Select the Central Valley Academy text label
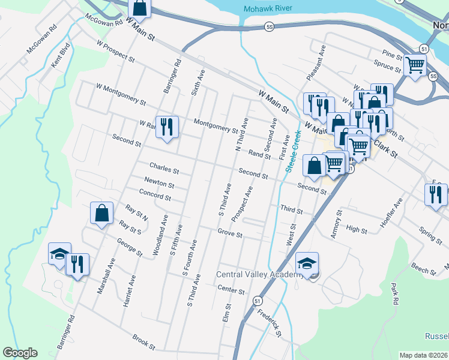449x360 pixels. pyautogui.click(x=260, y=275)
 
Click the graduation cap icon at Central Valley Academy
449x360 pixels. pyautogui.click(x=307, y=263)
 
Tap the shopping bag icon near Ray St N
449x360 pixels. pyautogui.click(x=101, y=212)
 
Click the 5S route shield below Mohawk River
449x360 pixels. pyautogui.click(x=269, y=27)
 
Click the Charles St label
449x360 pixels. pyautogui.click(x=164, y=166)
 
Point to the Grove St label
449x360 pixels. pyautogui.click(x=229, y=233)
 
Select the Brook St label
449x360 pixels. pyautogui.click(x=144, y=343)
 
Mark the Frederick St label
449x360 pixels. pyautogui.click(x=270, y=322)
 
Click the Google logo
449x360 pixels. pyautogui.click(x=20, y=353)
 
